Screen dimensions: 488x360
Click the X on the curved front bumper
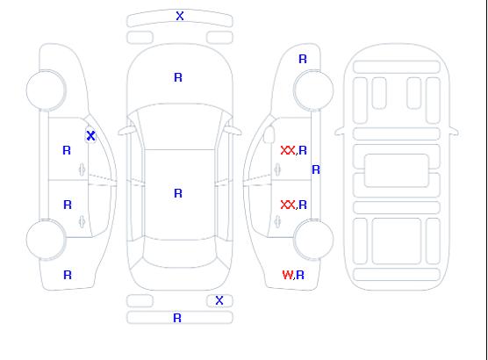pyautogui.click(x=180, y=16)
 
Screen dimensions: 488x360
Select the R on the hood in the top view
pyautogui.click(x=178, y=77)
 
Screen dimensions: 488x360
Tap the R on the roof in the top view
pyautogui.click(x=178, y=193)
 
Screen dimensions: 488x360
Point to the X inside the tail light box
pyautogui.click(x=219, y=300)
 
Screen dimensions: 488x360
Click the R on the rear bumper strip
pyautogui.click(x=177, y=318)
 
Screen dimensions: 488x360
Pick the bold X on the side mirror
pyautogui.click(x=90, y=135)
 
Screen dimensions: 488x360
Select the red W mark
pyautogui.click(x=288, y=275)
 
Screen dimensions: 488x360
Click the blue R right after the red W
pyautogui.click(x=300, y=275)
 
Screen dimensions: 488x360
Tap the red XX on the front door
pyautogui.click(x=288, y=150)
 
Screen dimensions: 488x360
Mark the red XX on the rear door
pyautogui.click(x=288, y=205)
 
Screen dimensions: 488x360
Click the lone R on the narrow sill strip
pyautogui.click(x=316, y=169)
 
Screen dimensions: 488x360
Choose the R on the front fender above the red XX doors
pyautogui.click(x=303, y=59)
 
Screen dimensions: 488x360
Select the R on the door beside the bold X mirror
pyautogui.click(x=67, y=150)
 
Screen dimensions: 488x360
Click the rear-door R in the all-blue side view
pyautogui.click(x=68, y=205)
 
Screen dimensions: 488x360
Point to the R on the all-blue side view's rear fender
pyautogui.click(x=68, y=275)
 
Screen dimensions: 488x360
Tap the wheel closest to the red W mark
pyautogui.click(x=313, y=239)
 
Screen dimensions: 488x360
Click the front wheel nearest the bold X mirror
pyautogui.click(x=46, y=90)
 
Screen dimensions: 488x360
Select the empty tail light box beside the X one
pyautogui.click(x=140, y=301)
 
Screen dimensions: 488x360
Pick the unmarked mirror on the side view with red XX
pyautogui.click(x=269, y=134)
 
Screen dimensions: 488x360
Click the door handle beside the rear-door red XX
pyautogui.click(x=277, y=222)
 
